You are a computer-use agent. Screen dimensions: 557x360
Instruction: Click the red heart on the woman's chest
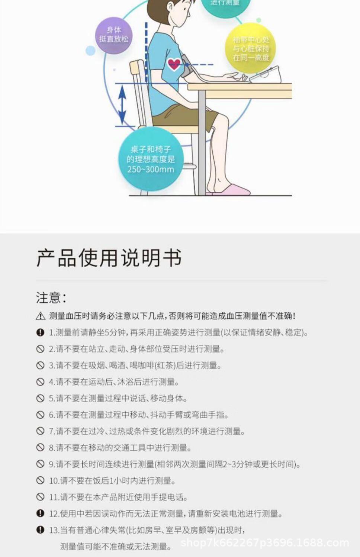point(174,64)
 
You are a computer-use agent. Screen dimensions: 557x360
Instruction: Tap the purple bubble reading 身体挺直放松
point(113,35)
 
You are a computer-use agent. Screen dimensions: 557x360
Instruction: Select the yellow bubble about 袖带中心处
point(251,48)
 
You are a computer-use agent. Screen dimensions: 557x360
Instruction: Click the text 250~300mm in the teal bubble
point(151,170)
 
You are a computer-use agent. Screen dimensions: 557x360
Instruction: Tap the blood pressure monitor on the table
point(266,75)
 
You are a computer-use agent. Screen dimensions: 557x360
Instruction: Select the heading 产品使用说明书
point(109,258)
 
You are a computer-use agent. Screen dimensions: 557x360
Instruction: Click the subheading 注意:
point(51,298)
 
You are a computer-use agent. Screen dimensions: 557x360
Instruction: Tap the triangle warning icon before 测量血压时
point(41,316)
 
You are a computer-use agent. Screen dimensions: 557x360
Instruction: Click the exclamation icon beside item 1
point(40,332)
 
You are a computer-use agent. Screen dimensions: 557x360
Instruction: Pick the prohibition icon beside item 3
point(40,366)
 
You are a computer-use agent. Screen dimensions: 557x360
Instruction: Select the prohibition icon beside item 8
point(40,448)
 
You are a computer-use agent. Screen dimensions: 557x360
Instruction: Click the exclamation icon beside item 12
point(40,513)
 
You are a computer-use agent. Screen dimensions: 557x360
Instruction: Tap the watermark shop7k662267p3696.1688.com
point(264,543)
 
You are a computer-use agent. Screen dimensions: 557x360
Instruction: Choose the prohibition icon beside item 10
point(40,480)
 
